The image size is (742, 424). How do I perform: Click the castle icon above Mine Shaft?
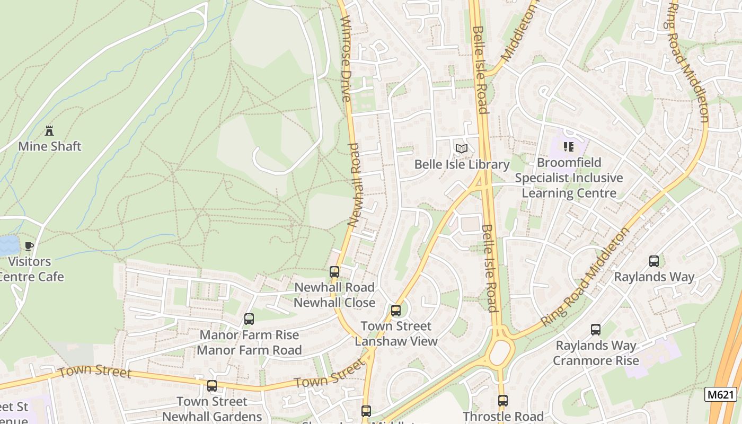point(50,130)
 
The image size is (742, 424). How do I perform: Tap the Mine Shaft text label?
point(50,146)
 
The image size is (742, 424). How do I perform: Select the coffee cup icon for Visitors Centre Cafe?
point(29,246)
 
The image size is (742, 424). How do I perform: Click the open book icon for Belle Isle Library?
point(462,149)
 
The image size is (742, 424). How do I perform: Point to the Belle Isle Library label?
point(462,164)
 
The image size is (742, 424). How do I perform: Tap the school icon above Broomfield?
point(569,146)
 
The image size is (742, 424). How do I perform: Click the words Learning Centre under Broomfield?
point(569,193)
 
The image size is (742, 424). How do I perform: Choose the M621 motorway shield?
point(721,394)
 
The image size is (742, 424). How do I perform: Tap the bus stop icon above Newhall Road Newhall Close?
point(334,272)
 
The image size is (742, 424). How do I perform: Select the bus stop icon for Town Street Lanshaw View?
point(396,311)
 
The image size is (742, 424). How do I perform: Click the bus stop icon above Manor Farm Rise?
point(249,319)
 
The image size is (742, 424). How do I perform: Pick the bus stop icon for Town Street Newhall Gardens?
point(212,386)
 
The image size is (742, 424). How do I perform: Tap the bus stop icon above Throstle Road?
point(503,401)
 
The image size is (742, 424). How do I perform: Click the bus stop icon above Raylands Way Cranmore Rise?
point(596,330)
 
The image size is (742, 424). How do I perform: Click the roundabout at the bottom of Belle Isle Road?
point(499,352)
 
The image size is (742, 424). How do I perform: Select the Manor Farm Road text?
point(249,350)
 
